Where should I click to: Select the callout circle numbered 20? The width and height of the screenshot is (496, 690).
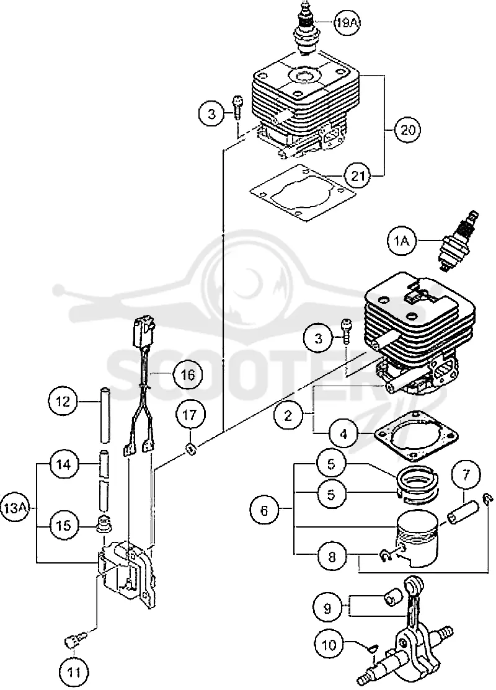coord(407,130)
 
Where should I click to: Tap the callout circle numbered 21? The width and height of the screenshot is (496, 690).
coord(359,175)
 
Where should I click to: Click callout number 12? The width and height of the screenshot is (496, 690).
coord(63,401)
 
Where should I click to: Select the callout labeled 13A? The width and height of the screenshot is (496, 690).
coord(14,508)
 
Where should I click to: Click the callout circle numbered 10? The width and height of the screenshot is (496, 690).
coord(329,645)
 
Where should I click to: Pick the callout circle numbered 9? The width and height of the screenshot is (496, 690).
coord(327,608)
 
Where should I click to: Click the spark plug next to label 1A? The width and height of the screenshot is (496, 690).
coord(458,240)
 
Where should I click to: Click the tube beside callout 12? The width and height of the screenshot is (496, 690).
coord(105,415)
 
